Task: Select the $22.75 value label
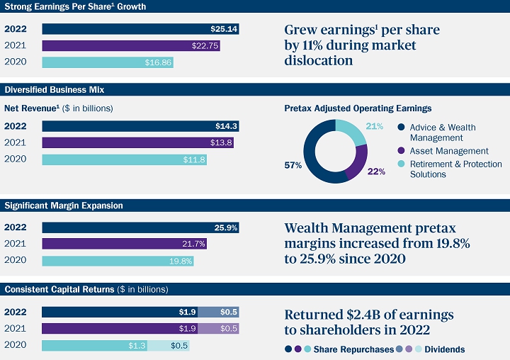pyautogui.click(x=205, y=45)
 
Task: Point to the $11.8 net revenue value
pyautogui.click(x=194, y=159)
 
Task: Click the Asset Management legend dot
pyautogui.click(x=401, y=151)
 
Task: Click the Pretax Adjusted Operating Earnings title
pyautogui.click(x=358, y=108)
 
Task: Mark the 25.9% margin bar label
pyautogui.click(x=225, y=227)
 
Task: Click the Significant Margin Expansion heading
pyautogui.click(x=64, y=206)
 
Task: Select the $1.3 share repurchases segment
pyautogui.click(x=94, y=345)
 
